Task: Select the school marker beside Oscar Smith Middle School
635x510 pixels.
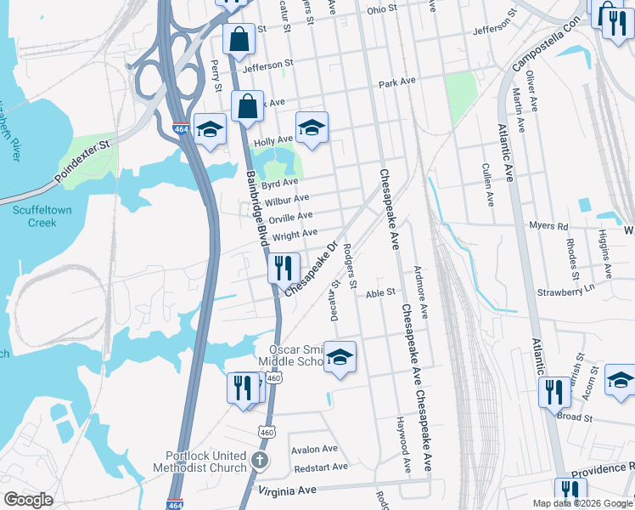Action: coord(340,357)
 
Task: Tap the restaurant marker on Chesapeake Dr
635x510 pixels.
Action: coord(284,268)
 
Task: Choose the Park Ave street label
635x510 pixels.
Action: coord(397,83)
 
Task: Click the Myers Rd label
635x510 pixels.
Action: coord(548,226)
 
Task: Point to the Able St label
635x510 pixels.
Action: coord(380,292)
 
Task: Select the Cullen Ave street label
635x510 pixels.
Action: coord(487,185)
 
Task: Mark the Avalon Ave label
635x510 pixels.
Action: coord(314,449)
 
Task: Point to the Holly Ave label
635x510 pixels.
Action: coord(273,139)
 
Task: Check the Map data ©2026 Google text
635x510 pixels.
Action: coord(582,503)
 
